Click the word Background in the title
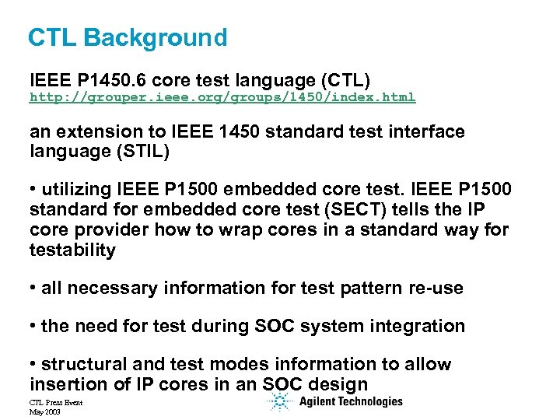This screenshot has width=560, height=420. (156, 37)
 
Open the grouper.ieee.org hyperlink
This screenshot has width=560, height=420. (222, 97)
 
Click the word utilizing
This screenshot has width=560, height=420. (79, 189)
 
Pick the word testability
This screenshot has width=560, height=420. (72, 250)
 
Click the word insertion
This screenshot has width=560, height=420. (65, 383)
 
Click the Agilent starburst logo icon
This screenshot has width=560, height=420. (278, 402)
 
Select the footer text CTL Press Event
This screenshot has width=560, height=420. (55, 402)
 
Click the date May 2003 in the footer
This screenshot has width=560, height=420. (45, 411)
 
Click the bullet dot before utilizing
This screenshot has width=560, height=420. (33, 190)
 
